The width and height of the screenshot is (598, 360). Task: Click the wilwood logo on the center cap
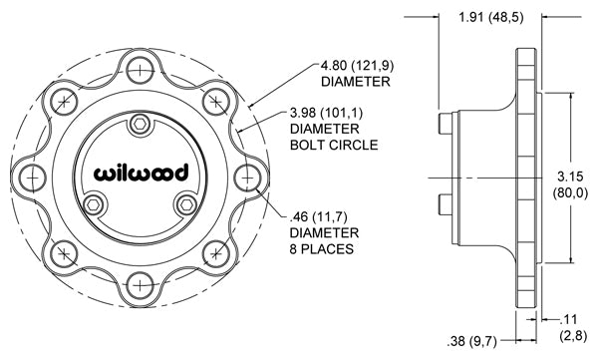(142, 173)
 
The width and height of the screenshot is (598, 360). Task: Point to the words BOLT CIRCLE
(334, 145)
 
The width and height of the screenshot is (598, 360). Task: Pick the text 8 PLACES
(321, 249)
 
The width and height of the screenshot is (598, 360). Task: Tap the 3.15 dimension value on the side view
(570, 177)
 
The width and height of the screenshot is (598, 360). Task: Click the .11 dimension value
(568, 319)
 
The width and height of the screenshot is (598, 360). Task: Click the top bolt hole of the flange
(140, 70)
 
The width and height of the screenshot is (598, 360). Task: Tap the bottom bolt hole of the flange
(140, 285)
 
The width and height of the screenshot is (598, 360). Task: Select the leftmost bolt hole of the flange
(33, 178)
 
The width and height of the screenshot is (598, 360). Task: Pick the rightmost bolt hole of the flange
(247, 178)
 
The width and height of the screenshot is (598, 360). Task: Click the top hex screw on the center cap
(140, 125)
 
